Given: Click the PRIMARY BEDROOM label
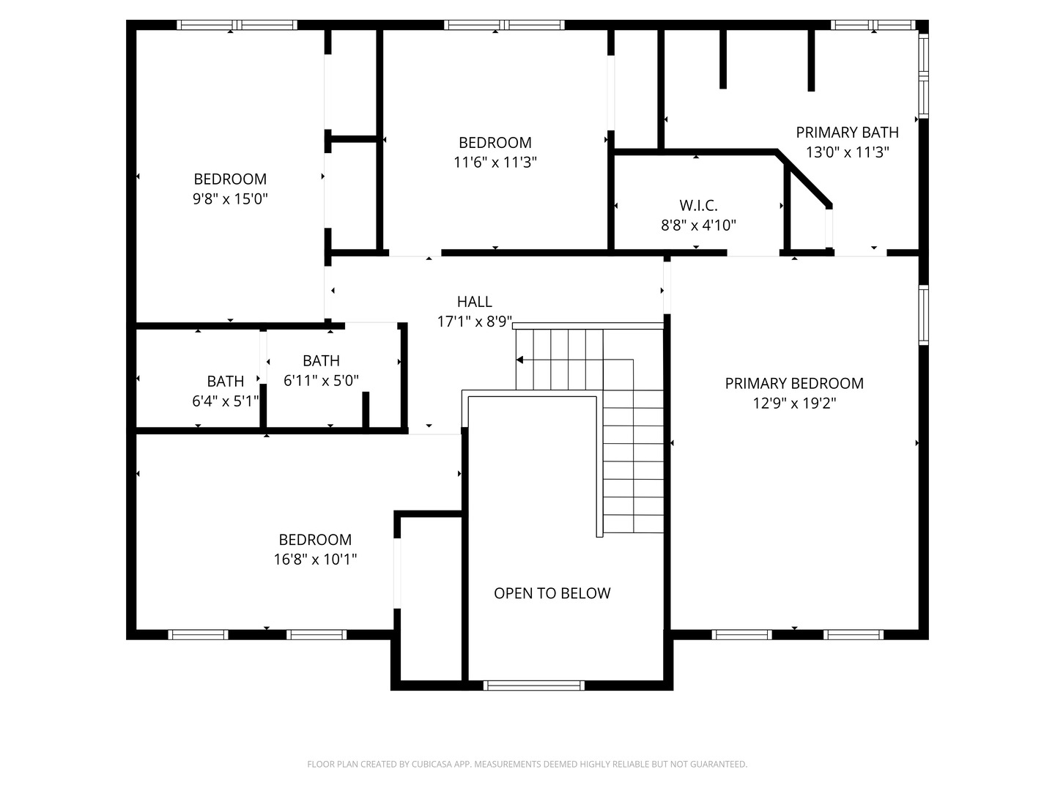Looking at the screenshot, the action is tap(794, 383).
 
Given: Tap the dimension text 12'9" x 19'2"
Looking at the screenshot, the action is tap(794, 403).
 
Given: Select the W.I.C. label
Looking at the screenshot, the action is tap(698, 206).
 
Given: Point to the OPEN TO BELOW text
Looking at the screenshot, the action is tap(552, 593).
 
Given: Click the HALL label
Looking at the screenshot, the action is tap(475, 302).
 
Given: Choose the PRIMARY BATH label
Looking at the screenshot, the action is tap(848, 132).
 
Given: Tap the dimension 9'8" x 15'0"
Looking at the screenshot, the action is tap(230, 198).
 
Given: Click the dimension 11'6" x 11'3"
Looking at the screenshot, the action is tap(495, 163).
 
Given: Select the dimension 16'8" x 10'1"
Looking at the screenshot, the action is tap(315, 560).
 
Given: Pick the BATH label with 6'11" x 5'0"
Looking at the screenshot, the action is tap(321, 360).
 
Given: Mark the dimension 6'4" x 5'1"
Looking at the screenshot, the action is tap(226, 401).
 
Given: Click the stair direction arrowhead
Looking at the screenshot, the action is tap(519, 360).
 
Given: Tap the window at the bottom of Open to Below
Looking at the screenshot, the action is tap(533, 686).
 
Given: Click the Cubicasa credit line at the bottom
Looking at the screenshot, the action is tap(527, 764).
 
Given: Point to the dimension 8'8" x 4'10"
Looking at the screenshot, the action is tap(698, 226).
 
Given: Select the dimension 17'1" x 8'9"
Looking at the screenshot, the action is tap(475, 322).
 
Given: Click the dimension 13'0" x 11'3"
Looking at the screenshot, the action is tap(848, 152).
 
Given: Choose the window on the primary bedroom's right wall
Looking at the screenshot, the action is tap(924, 315).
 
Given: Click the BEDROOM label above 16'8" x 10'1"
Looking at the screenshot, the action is tap(315, 540).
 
